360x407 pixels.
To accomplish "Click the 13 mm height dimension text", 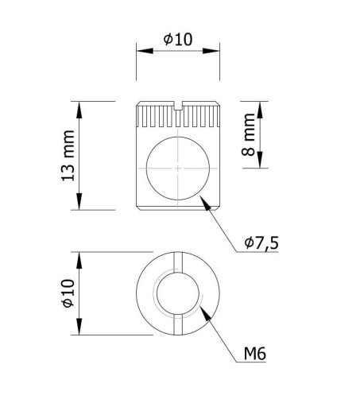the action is click(68, 156).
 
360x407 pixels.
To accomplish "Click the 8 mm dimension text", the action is click(248, 134).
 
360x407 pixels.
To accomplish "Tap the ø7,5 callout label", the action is click(261, 242).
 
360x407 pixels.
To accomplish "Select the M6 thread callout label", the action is click(254, 354).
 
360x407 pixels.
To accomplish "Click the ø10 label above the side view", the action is click(178, 40).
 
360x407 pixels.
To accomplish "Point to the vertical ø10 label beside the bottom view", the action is click(68, 293).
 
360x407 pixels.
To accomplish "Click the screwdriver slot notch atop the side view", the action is click(178, 106).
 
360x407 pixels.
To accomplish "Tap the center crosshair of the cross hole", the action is click(178, 168).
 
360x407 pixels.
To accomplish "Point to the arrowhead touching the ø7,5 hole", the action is click(205, 203).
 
